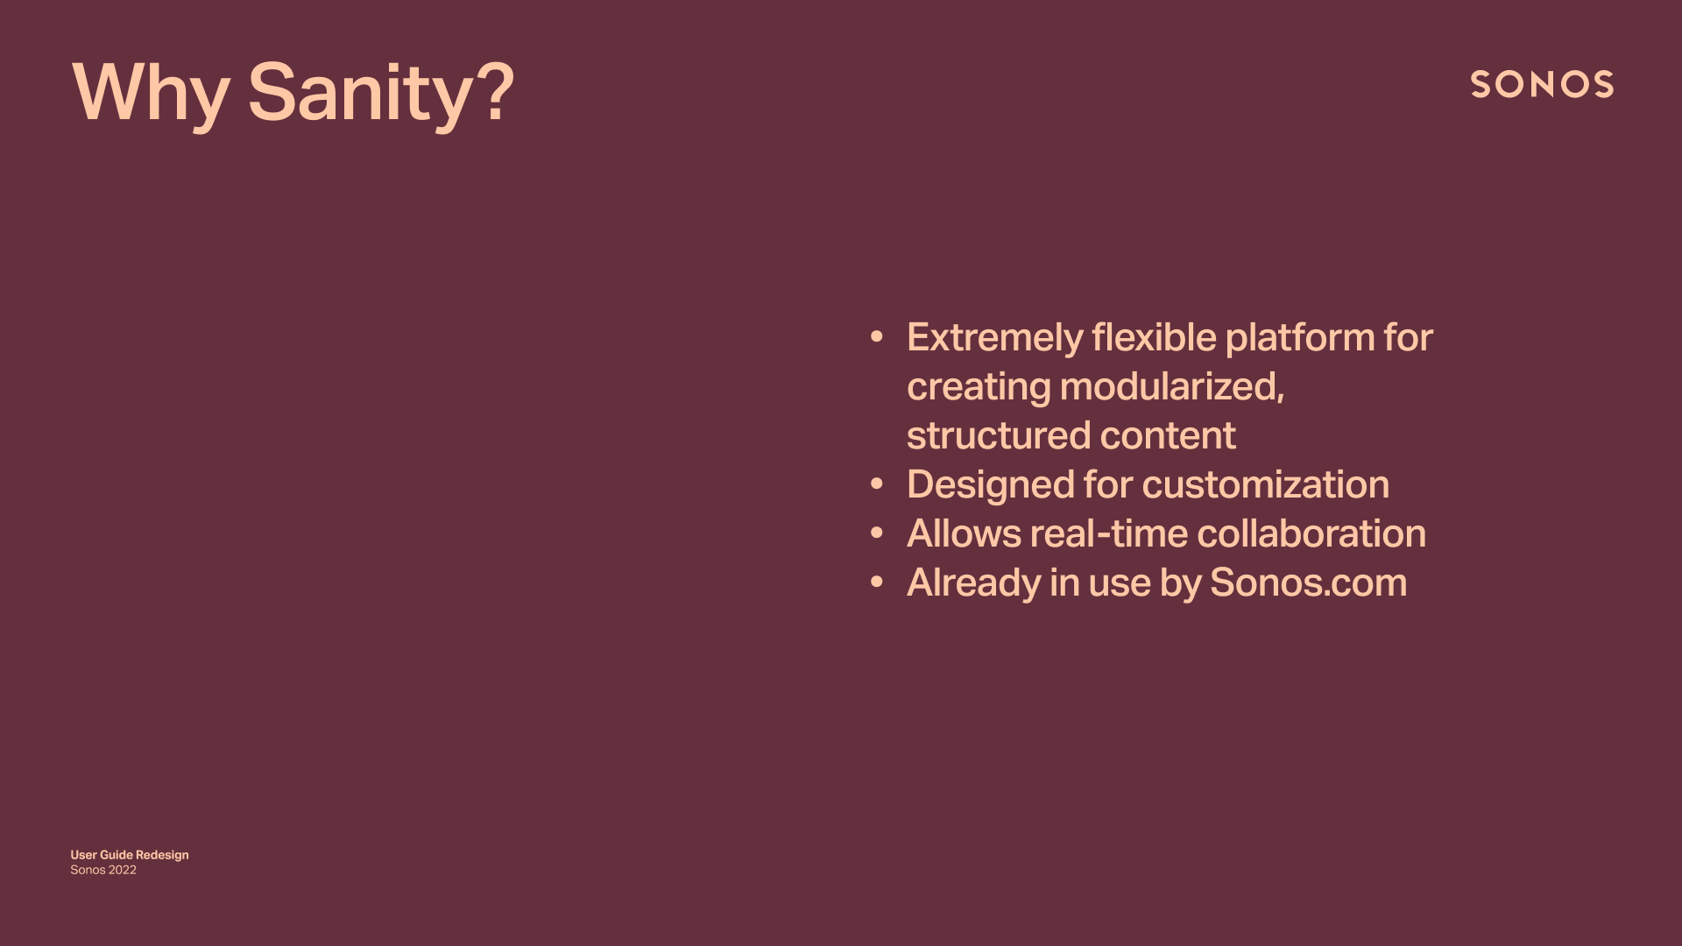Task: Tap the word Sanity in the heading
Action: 361,94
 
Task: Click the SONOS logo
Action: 1542,85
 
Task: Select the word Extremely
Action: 994,339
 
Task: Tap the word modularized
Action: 1171,387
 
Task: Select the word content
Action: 1167,436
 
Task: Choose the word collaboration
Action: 1311,533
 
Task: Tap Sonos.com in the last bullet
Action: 1308,582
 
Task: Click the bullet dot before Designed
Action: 877,484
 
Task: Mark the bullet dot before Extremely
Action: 877,337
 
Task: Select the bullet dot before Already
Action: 877,582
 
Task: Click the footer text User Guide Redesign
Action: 130,855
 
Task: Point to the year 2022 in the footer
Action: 123,870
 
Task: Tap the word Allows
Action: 964,533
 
